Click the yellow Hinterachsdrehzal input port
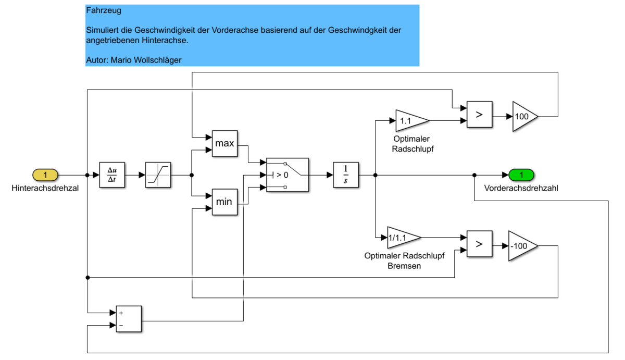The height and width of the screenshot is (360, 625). pos(45,175)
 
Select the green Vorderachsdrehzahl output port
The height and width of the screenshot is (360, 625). pos(521,175)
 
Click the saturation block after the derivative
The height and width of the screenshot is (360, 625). pos(158,175)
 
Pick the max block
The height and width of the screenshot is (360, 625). pos(225,143)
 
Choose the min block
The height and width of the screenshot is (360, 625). pos(225,202)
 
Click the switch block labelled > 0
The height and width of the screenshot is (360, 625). pos(287,175)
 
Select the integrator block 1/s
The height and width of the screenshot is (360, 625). pos(346,175)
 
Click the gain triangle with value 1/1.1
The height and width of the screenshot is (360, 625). pos(402,238)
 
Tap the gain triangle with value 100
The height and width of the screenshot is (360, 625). pos(523,116)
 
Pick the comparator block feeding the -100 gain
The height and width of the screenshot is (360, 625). pos(479,243)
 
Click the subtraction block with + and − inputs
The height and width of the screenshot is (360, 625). pos(128,319)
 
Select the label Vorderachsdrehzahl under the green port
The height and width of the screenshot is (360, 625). pos(521,189)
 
